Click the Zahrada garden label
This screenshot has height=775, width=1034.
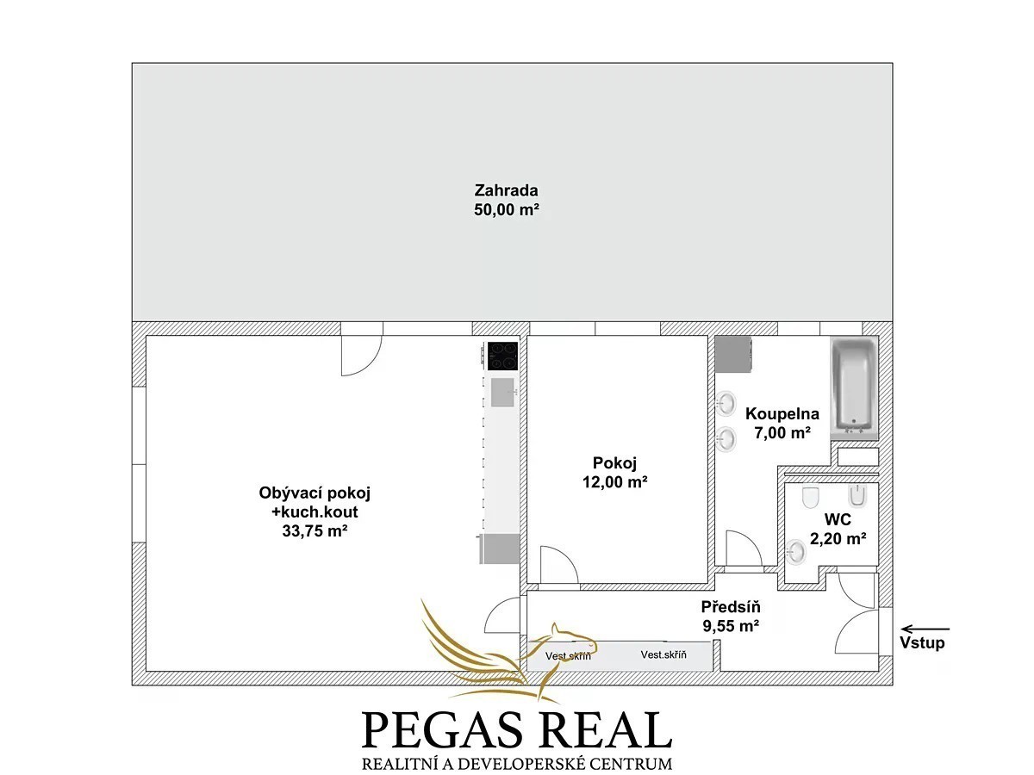click(506, 190)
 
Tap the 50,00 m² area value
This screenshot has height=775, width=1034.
click(507, 209)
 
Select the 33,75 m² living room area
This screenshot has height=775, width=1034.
click(315, 530)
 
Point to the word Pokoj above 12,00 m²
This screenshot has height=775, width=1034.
click(614, 463)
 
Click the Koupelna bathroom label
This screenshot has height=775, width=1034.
click(782, 414)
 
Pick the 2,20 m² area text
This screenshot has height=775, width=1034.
click(838, 538)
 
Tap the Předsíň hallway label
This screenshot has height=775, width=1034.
click(731, 607)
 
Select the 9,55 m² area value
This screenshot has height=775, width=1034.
click(731, 626)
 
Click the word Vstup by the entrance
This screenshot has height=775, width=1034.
click(922, 642)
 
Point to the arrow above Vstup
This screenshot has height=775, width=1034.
click(925, 629)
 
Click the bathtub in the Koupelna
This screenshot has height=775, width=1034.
click(854, 388)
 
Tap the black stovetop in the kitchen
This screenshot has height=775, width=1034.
click(503, 356)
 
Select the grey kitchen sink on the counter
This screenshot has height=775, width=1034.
click(502, 393)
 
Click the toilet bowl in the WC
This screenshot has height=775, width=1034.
click(810, 498)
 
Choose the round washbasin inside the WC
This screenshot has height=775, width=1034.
click(795, 551)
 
